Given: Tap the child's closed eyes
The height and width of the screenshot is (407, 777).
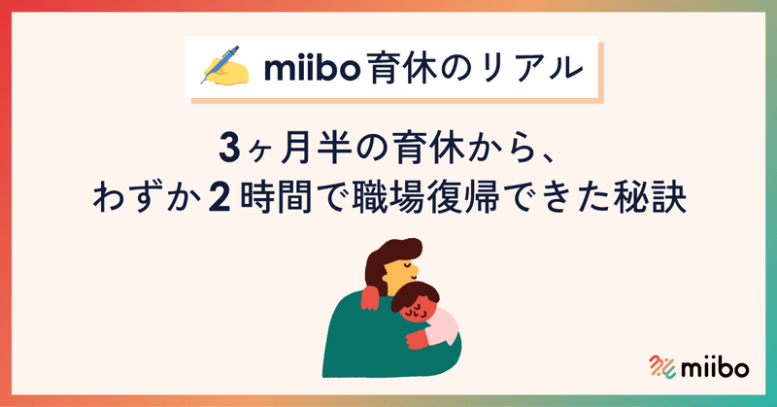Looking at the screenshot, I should (x=415, y=311).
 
